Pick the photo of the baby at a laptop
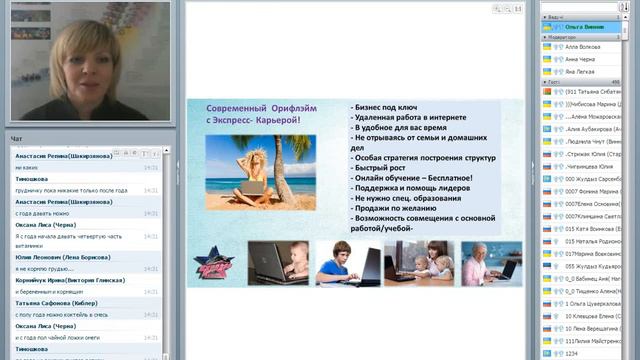[x=279, y=262]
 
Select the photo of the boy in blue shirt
[x=349, y=262]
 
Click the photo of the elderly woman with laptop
[x=489, y=262]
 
